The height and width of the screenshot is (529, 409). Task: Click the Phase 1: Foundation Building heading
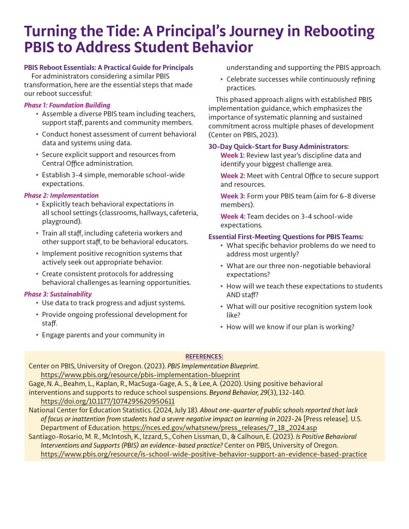click(x=67, y=105)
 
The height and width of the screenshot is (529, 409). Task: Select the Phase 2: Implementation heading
click(x=61, y=196)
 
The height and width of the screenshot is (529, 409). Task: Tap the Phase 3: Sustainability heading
click(x=57, y=294)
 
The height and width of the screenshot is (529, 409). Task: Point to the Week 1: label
click(x=232, y=155)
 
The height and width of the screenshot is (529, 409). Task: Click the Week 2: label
click(x=233, y=176)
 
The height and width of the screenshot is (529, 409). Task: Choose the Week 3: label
click(x=233, y=196)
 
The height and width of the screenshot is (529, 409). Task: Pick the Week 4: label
click(x=233, y=216)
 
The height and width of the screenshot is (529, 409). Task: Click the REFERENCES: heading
click(x=204, y=356)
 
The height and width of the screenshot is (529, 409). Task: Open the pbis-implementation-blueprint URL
click(x=140, y=375)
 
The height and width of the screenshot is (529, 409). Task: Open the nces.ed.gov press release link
click(x=219, y=428)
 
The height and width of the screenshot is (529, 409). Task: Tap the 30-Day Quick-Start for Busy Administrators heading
click(x=279, y=146)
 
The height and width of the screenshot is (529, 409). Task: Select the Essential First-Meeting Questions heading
click(x=286, y=237)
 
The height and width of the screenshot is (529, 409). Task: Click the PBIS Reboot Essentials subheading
click(x=109, y=68)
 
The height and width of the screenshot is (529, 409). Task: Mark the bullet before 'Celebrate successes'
click(x=221, y=80)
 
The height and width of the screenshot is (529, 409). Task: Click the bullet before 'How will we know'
click(x=221, y=327)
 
